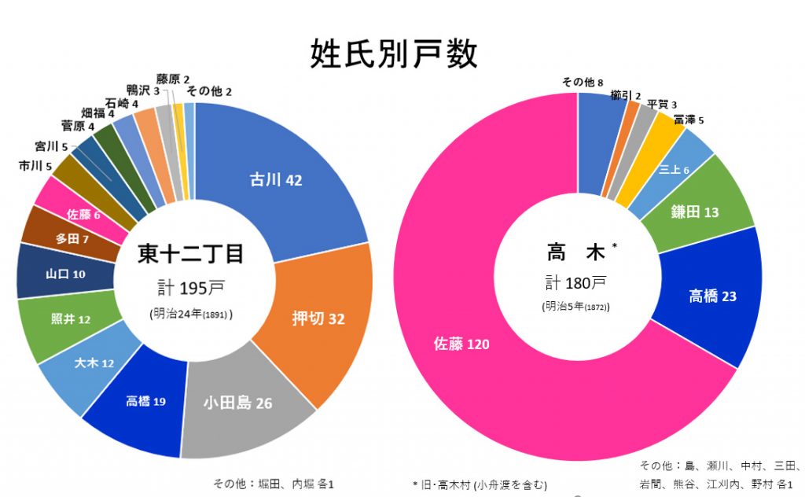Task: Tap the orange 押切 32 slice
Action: point(318,318)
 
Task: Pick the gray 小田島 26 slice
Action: point(237,403)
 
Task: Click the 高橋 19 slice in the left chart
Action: point(145,402)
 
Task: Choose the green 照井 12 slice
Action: point(71,319)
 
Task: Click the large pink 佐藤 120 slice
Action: point(464,344)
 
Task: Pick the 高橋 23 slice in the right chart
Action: point(712,296)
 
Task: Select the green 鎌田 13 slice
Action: point(694,212)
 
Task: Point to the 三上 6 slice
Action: point(674,169)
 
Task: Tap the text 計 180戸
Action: point(578,283)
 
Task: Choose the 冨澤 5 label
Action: point(688,120)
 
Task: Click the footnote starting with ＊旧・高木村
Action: point(480,484)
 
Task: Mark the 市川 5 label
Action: point(35,166)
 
